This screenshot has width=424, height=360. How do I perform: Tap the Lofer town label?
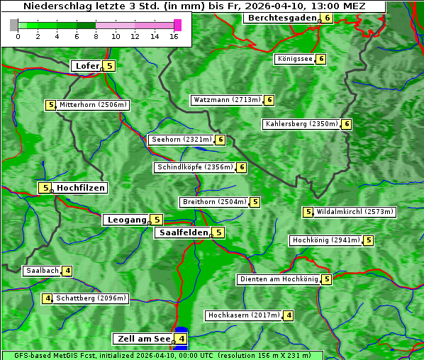point(87,66)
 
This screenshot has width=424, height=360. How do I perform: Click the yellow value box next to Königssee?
point(320,59)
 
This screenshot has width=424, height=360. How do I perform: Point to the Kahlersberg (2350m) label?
point(301,124)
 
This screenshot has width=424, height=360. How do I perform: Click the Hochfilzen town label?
point(81,188)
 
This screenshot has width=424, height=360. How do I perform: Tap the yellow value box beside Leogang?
point(157,220)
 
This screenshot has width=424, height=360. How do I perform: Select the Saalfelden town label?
point(184,232)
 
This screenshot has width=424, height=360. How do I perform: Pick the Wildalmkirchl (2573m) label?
point(355,211)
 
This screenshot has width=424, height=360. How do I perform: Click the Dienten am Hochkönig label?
point(279,279)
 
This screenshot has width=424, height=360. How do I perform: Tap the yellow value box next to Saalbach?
point(67,271)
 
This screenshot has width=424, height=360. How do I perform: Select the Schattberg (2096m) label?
point(91,298)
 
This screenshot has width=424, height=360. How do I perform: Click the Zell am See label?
point(144,339)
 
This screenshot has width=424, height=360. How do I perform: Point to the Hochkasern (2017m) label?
point(243,315)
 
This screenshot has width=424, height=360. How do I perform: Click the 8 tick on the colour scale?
point(96,36)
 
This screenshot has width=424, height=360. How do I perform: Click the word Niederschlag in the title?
point(56,6)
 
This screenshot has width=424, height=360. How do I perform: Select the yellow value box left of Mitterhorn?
point(50,105)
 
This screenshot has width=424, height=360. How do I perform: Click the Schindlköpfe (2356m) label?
point(194,167)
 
